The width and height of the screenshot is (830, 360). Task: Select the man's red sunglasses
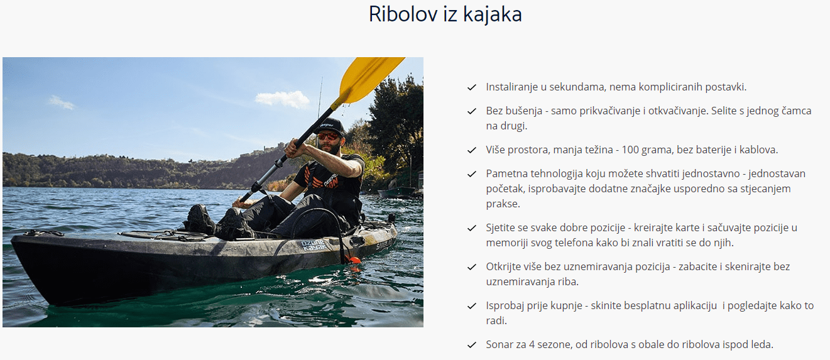pos(327,136)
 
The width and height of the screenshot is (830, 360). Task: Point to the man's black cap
pos(329,126)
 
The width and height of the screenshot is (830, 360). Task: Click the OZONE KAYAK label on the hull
pos(314,246)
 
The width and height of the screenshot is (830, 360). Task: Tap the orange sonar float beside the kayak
pos(352,259)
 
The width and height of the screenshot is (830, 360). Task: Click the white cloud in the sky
pos(282,99)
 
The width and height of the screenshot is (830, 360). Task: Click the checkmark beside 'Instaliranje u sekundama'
pos(472,87)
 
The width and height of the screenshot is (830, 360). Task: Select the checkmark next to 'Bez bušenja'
pos(472,111)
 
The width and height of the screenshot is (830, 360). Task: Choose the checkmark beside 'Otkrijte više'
pos(472,267)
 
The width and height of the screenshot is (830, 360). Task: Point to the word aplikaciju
pos(689,306)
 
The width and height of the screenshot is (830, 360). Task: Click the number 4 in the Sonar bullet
pos(532,345)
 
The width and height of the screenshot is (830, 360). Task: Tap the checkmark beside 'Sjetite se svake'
pos(472,228)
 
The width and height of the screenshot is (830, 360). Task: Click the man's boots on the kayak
pos(219,222)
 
